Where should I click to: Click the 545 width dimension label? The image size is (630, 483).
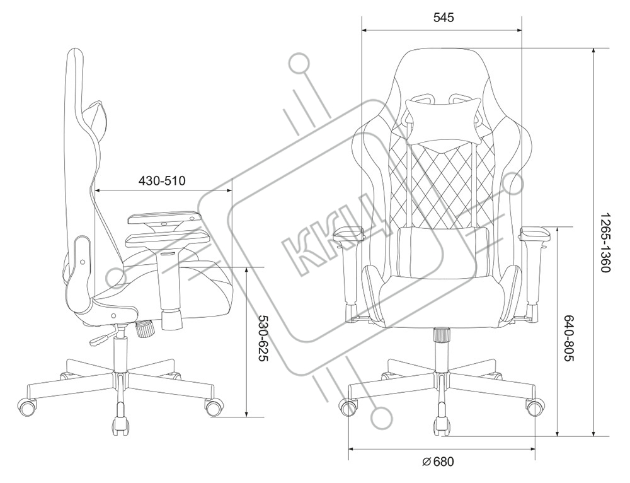(443, 18)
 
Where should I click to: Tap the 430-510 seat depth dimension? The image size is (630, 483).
(162, 181)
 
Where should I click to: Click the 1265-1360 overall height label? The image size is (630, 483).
(604, 242)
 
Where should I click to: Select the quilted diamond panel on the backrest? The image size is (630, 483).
(441, 183)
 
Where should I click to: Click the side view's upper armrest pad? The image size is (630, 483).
(162, 219)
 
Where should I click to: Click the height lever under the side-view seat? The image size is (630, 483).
(101, 341)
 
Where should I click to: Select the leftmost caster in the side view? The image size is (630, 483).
(28, 407)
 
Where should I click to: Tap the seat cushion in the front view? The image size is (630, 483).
(441, 296)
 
